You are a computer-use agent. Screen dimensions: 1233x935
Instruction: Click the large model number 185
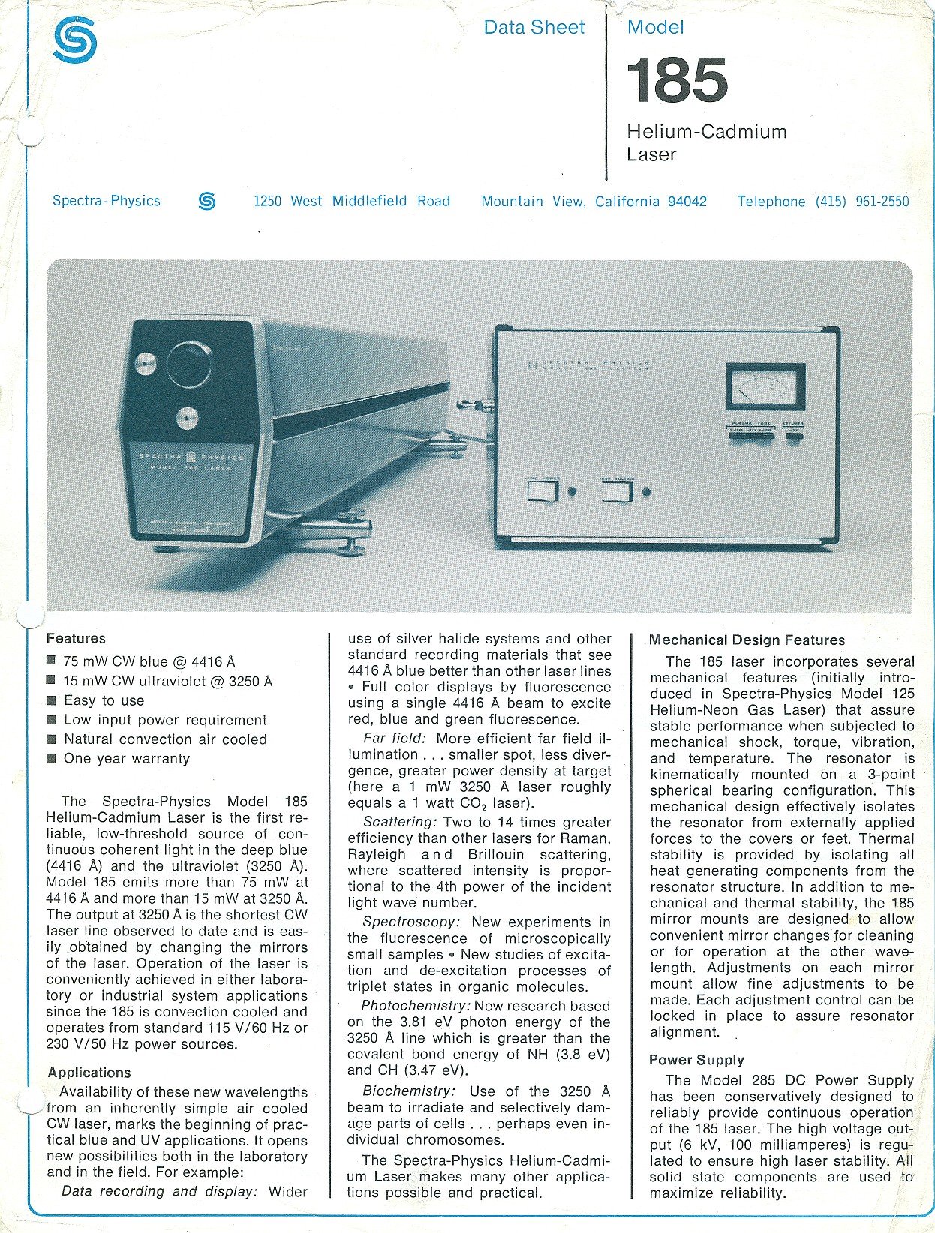[677, 81]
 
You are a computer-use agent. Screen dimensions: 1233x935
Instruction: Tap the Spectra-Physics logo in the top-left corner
[75, 40]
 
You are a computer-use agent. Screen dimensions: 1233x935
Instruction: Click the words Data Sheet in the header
[534, 28]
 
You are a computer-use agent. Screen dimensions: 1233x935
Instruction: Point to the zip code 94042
[687, 202]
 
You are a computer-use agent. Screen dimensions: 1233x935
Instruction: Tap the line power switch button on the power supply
[542, 492]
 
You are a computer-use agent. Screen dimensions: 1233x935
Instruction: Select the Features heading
[76, 639]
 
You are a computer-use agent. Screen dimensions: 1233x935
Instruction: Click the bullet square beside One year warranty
[51, 758]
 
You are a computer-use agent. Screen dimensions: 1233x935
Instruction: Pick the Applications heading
[89, 1072]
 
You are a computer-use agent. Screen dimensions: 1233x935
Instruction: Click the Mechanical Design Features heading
[747, 640]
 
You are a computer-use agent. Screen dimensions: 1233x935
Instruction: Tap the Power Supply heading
[696, 1060]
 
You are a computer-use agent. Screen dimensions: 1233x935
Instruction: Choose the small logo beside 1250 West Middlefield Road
[207, 201]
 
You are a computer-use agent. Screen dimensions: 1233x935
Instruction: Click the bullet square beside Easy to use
[51, 700]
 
